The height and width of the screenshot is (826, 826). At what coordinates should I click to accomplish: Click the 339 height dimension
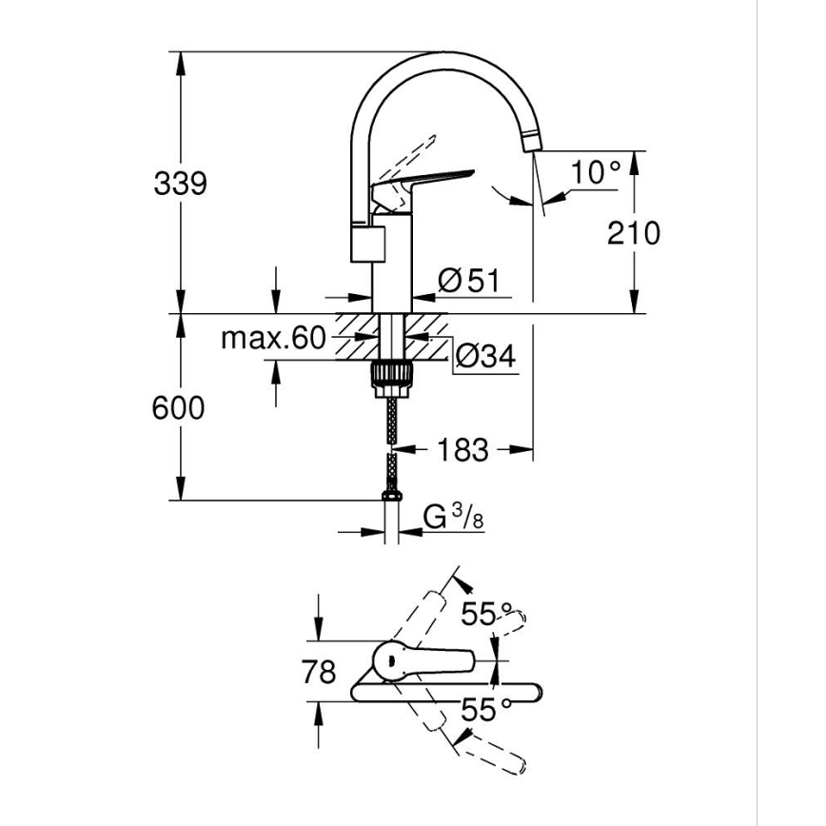(180, 183)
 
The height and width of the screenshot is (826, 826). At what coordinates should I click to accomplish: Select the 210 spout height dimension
(633, 231)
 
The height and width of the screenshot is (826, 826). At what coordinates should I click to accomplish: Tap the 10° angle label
(596, 172)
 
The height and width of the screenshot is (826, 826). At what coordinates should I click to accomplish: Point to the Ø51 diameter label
(468, 281)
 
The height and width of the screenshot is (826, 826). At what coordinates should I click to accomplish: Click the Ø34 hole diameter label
(484, 357)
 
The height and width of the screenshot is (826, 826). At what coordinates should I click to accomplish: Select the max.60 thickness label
(273, 338)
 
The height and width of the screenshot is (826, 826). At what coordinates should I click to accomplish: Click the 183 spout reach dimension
(463, 449)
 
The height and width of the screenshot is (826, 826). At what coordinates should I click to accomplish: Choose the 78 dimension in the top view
(318, 672)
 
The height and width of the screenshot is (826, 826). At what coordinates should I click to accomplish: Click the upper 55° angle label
(486, 614)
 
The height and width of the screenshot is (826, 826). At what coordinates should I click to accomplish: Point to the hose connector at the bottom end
(390, 496)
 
